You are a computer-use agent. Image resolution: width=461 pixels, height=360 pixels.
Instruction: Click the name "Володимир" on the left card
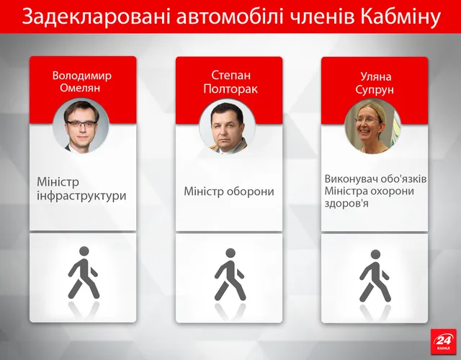tap(82, 75)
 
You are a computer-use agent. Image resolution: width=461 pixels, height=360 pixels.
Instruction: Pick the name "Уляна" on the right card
tap(374, 76)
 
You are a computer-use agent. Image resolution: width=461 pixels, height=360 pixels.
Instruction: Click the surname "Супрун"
tap(374, 89)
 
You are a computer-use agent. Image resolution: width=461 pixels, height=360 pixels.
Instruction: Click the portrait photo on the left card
tap(84, 125)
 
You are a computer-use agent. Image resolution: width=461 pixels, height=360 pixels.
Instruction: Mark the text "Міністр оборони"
tap(229, 192)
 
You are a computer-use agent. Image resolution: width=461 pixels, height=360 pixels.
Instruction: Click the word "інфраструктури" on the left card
tap(81, 195)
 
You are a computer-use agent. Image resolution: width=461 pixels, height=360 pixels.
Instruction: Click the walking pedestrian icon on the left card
tap(84, 274)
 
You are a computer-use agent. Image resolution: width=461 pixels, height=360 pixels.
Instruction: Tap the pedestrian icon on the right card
tap(375, 275)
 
